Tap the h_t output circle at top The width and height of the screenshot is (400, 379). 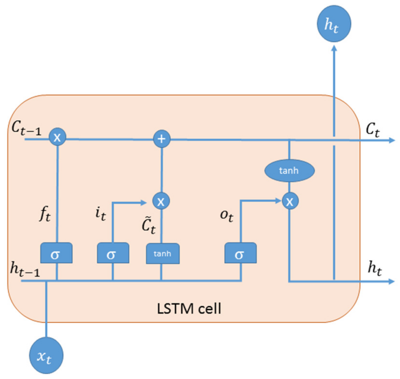click(334, 24)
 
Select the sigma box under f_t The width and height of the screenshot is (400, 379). click(56, 253)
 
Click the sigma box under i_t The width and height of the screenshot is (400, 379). click(113, 253)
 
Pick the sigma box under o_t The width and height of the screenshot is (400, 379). click(241, 253)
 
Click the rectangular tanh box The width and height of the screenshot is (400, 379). click(163, 254)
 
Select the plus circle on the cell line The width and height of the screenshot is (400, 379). click(162, 139)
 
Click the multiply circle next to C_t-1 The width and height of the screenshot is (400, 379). click(57, 137)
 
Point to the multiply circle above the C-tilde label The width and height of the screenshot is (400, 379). click(161, 201)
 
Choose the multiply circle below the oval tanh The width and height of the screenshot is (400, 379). click(290, 201)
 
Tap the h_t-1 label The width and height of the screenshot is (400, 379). click(25, 270)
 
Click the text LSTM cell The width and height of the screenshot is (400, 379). click(189, 309)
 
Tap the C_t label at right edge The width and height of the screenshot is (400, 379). click(373, 129)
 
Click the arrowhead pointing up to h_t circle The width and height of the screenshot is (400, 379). click(334, 48)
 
